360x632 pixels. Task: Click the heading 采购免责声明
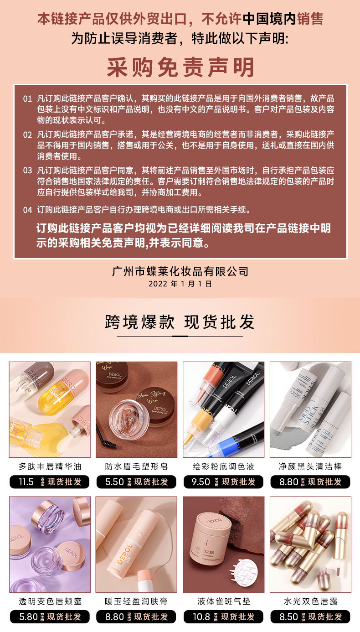180,67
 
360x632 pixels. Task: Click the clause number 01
27,98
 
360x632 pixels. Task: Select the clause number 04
27,210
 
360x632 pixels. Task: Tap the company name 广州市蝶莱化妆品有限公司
180,271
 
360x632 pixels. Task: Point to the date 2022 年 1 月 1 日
180,284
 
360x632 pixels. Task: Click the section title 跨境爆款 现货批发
180,322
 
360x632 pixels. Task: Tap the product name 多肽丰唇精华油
50,466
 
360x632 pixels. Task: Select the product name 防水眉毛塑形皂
136,466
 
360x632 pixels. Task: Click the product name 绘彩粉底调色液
223,466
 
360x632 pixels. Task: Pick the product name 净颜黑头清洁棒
310,466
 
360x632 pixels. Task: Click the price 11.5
26,482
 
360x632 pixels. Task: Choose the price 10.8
201,617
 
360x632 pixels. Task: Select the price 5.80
28,617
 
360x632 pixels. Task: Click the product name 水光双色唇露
310,601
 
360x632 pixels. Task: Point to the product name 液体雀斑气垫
223,601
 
